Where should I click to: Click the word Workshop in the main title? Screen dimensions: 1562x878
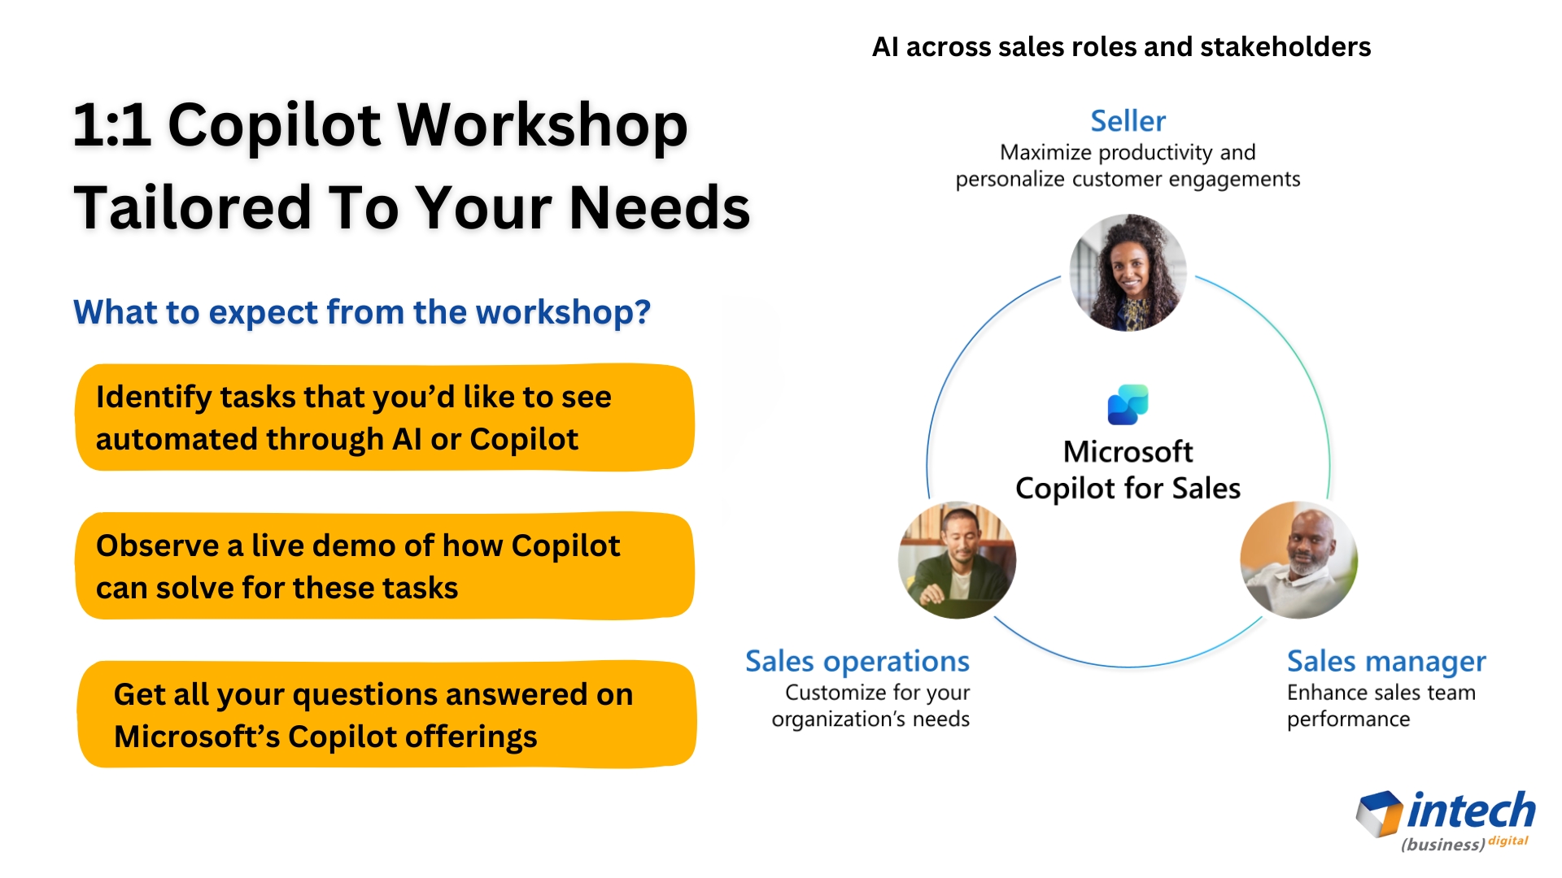[x=542, y=126]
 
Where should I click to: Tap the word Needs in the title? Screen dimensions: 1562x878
[x=660, y=207]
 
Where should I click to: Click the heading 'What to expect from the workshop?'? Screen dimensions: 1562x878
[x=362, y=312]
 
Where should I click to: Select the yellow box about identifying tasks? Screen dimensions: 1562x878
[x=385, y=418]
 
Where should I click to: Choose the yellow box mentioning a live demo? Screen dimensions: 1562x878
[x=385, y=566]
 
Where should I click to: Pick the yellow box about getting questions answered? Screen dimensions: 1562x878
[x=387, y=715]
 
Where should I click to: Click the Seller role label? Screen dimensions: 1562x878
[x=1128, y=121]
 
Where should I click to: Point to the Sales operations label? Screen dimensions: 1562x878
[x=857, y=661]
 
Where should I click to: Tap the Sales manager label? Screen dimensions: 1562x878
[x=1386, y=661]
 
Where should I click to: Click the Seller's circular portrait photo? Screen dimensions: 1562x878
[x=1128, y=272]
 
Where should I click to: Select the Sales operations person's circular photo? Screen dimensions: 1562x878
[x=957, y=560]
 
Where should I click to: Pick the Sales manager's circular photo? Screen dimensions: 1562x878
[x=1299, y=560]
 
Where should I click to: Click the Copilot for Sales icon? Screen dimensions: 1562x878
[x=1128, y=405]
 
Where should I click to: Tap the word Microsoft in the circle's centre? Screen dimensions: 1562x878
[x=1128, y=452]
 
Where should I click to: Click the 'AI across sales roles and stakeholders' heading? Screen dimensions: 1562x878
[x=1121, y=47]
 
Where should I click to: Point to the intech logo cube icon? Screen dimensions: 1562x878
[x=1380, y=813]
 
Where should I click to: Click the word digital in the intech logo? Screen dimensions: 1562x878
[x=1508, y=841]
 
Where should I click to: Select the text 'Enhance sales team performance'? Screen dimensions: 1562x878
[x=1381, y=706]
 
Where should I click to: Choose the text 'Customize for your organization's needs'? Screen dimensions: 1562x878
[x=870, y=706]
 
